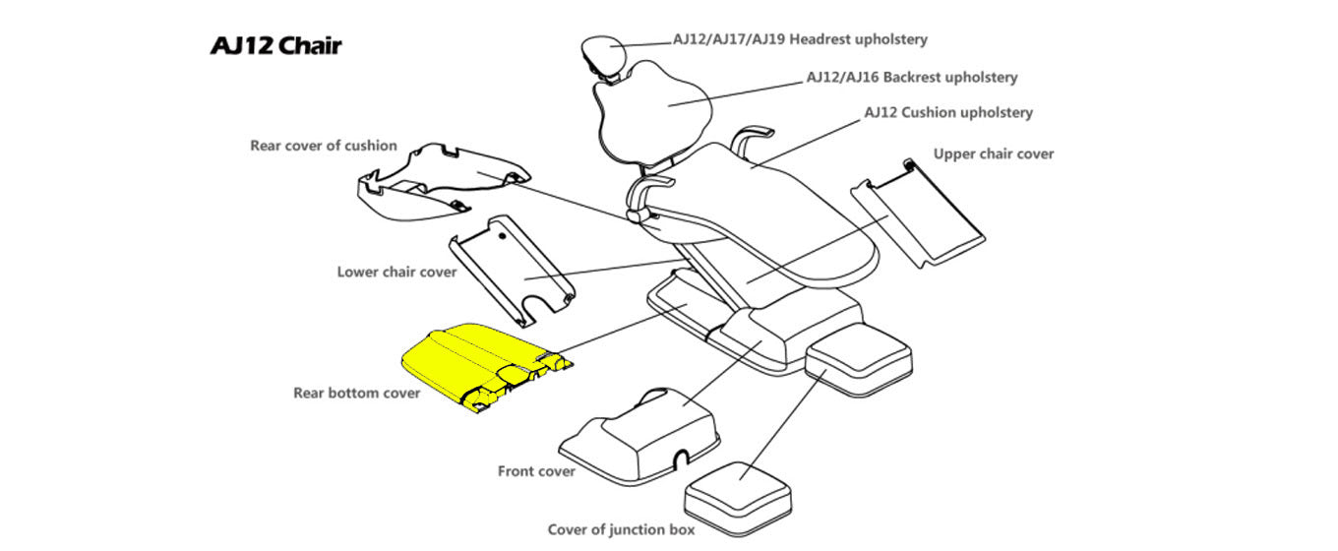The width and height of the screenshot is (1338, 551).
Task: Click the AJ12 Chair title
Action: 276,45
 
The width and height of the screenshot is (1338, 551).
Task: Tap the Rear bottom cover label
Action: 356,394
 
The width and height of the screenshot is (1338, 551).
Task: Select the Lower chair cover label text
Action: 396,272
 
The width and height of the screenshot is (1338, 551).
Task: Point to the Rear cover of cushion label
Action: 324,146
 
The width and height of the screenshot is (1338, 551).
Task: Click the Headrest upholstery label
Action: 800,40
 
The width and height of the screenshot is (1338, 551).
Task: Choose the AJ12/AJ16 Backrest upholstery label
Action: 911,77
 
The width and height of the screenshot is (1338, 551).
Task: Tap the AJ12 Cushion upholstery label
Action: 948,113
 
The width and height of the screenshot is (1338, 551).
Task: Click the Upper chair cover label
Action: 994,153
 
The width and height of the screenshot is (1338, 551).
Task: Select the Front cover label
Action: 536,471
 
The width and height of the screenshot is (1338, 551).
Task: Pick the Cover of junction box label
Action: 621,530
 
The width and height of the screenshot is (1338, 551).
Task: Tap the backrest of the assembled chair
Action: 654,108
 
